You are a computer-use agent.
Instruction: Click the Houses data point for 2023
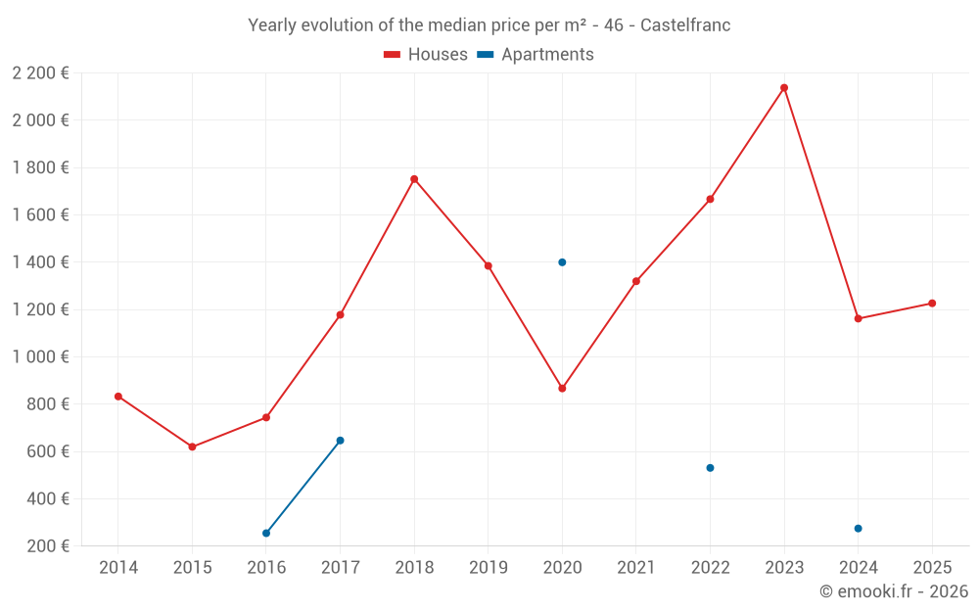pyautogui.click(x=784, y=88)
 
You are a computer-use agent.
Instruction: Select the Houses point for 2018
pyautogui.click(x=414, y=179)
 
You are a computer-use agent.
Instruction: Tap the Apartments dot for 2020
pyautogui.click(x=562, y=262)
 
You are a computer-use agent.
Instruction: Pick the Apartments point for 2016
pyautogui.click(x=266, y=533)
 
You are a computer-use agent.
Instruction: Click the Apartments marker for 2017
pyautogui.click(x=340, y=441)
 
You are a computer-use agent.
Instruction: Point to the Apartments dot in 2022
pyautogui.click(x=710, y=468)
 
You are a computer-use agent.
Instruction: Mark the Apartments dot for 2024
pyautogui.click(x=858, y=529)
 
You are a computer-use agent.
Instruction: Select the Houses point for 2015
pyautogui.click(x=192, y=447)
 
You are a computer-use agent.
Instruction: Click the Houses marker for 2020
pyautogui.click(x=562, y=389)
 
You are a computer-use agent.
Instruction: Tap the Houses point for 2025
pyautogui.click(x=932, y=304)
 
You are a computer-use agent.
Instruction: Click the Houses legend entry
pyautogui.click(x=426, y=55)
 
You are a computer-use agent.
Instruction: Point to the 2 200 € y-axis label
pyautogui.click(x=40, y=73)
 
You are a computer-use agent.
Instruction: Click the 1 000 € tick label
pyautogui.click(x=40, y=357)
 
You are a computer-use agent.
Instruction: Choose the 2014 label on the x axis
pyautogui.click(x=118, y=568)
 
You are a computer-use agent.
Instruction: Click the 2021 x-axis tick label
pyautogui.click(x=636, y=568)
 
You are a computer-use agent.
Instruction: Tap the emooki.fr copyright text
pyautogui.click(x=893, y=591)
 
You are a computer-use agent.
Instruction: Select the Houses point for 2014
pyautogui.click(x=118, y=397)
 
